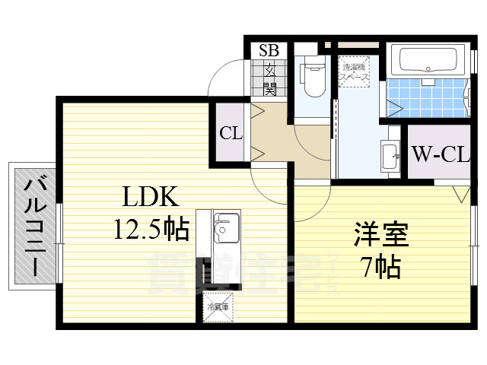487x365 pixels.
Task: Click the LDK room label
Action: coord(152,198)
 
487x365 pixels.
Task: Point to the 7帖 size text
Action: coord(380,267)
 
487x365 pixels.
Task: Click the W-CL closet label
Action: coord(440,155)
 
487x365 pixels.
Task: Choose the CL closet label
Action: coord(231,134)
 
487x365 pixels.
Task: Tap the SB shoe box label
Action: coord(269,51)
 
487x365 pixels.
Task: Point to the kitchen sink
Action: coord(226,226)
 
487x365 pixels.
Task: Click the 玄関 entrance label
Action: coord(269,78)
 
